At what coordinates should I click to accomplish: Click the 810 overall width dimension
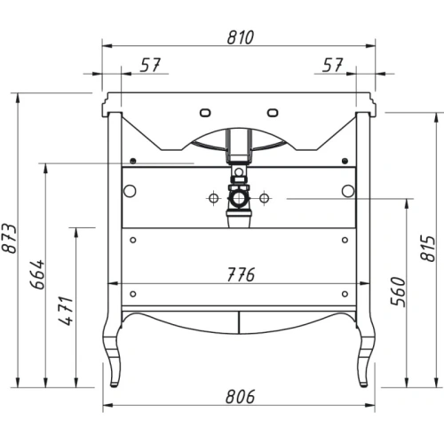240,37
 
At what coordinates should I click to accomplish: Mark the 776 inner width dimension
239,274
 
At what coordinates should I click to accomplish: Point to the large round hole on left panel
131,190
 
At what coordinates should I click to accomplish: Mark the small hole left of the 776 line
131,293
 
